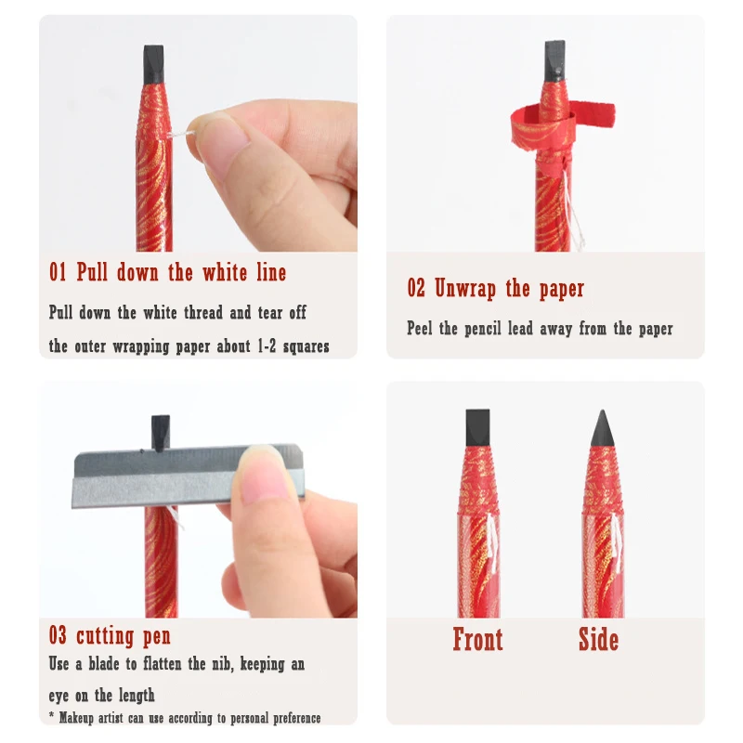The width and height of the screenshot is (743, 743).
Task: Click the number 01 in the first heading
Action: (58, 272)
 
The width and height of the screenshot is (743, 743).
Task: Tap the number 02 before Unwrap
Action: (416, 288)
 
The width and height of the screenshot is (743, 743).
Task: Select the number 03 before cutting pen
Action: (58, 635)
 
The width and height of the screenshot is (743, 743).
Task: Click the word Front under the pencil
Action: (477, 639)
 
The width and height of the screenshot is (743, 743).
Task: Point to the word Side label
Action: (598, 639)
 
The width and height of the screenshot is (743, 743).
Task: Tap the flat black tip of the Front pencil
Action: (477, 427)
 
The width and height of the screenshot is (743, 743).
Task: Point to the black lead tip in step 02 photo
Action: (554, 60)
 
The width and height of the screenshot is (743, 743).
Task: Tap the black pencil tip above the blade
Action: (160, 433)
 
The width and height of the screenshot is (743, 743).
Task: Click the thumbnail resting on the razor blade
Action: (264, 475)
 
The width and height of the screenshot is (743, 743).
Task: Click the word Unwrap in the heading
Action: (465, 288)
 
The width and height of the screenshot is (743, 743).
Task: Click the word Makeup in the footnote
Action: (76, 718)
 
